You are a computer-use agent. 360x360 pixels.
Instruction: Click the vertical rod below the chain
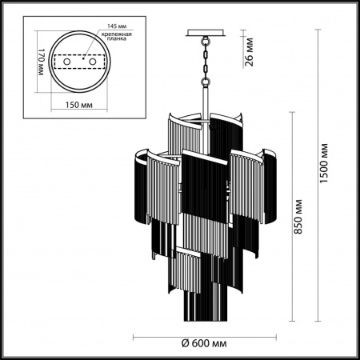click(205, 104)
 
